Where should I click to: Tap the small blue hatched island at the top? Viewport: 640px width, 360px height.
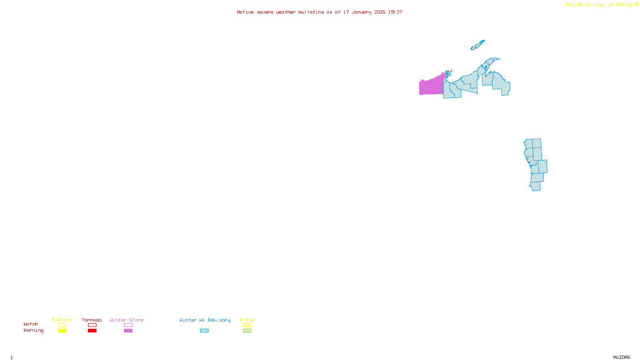pos(477,45)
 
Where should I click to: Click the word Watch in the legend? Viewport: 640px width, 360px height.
pos(31,324)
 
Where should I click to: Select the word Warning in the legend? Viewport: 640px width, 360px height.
pos(34,330)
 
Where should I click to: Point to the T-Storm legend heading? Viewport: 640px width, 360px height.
pos(62,320)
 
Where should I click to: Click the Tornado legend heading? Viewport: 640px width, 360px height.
pos(92,320)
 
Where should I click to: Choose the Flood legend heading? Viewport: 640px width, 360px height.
pos(247,320)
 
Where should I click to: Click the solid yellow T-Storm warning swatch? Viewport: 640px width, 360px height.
pos(62,331)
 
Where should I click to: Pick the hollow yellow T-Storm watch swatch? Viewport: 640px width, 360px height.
pos(62,325)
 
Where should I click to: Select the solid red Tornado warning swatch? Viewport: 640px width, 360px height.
pos(92,331)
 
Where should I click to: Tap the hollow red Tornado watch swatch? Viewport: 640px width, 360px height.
pos(92,325)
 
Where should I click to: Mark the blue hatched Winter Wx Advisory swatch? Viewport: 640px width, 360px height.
pos(204,331)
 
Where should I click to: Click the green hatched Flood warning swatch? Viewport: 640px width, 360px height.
pos(247,331)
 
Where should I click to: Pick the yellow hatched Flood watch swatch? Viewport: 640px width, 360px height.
pos(247,325)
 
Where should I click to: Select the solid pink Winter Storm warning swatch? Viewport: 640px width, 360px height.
pos(128,331)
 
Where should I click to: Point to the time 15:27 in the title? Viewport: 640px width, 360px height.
pos(395,12)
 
